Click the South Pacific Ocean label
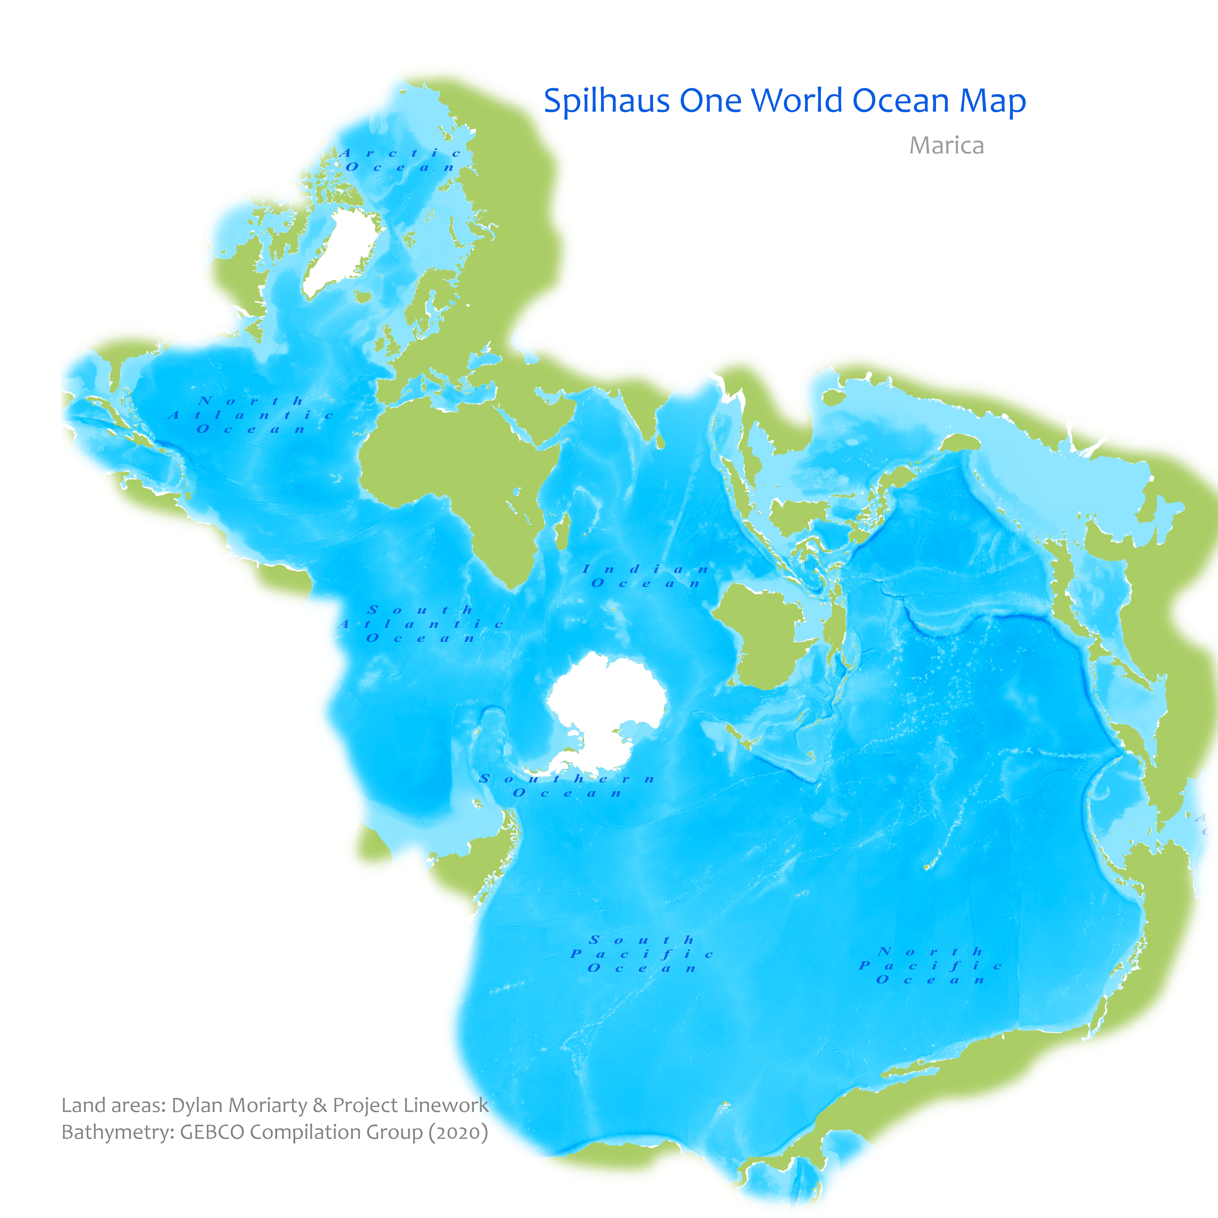[x=642, y=954]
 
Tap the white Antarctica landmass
[x=605, y=712]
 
